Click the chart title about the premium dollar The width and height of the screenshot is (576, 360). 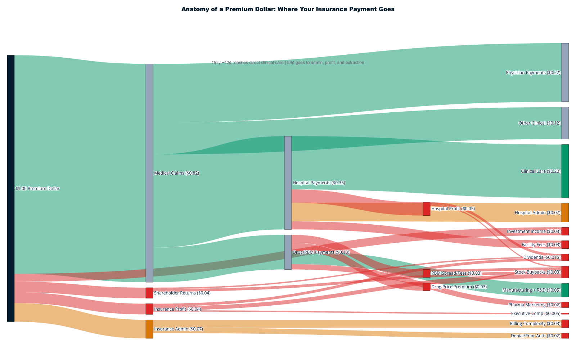coord(288,9)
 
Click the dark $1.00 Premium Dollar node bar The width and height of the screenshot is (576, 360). coord(11,188)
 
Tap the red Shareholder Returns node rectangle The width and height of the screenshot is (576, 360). coord(149,293)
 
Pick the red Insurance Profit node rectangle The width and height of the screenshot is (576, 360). coord(149,309)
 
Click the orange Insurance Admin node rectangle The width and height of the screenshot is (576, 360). coord(149,329)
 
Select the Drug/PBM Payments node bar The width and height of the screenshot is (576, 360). coord(288,252)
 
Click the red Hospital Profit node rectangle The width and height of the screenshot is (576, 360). coord(427,209)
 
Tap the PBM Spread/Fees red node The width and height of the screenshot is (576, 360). coord(427,273)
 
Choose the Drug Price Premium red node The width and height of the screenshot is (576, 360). coord(427,287)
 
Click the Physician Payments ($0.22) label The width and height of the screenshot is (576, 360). coord(533,73)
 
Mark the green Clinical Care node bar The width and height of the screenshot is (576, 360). coord(565,171)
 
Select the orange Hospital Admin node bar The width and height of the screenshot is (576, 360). coord(565,212)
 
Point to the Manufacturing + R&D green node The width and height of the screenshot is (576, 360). coord(565,290)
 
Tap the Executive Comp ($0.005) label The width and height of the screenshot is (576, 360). coord(535,314)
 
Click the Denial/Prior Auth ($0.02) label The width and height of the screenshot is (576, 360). coord(535,336)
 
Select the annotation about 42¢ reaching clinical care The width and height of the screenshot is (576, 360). coord(288,63)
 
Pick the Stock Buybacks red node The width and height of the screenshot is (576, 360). coord(565,272)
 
